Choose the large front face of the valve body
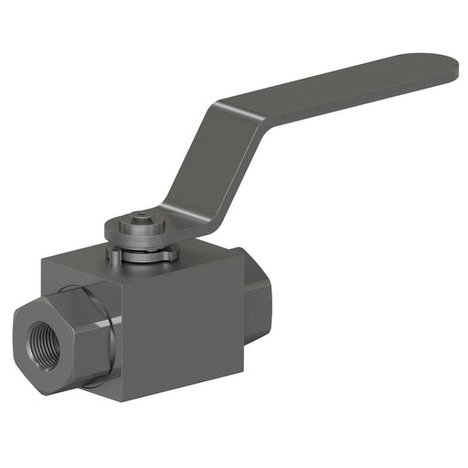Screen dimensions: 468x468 click(x=183, y=329)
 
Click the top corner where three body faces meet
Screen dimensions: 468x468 click(x=119, y=280)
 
